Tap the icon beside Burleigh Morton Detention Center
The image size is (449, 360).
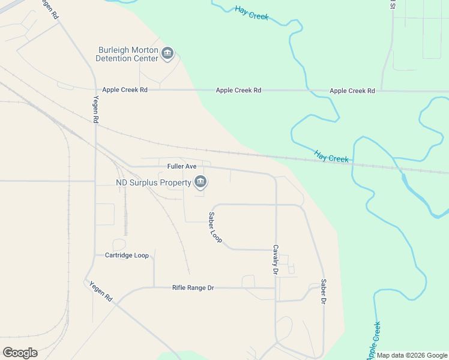click(167, 55)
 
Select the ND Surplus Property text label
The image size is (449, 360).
click(153, 182)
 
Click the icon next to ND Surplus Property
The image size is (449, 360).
click(200, 182)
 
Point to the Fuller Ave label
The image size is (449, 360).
click(182, 166)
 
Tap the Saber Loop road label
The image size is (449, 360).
click(215, 227)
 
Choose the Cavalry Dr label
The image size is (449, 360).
click(276, 260)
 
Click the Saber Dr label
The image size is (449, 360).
click(323, 292)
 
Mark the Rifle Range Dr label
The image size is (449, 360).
click(193, 288)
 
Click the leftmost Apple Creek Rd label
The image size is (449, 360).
click(125, 90)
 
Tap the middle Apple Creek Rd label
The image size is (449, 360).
click(238, 91)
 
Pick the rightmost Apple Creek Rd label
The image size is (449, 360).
click(352, 91)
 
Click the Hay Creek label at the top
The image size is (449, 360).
click(252, 13)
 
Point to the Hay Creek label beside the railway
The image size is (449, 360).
click(331, 157)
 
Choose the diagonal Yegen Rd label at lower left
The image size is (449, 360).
click(101, 290)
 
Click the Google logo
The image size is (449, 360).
click(20, 353)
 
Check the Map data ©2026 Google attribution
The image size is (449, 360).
click(412, 356)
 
